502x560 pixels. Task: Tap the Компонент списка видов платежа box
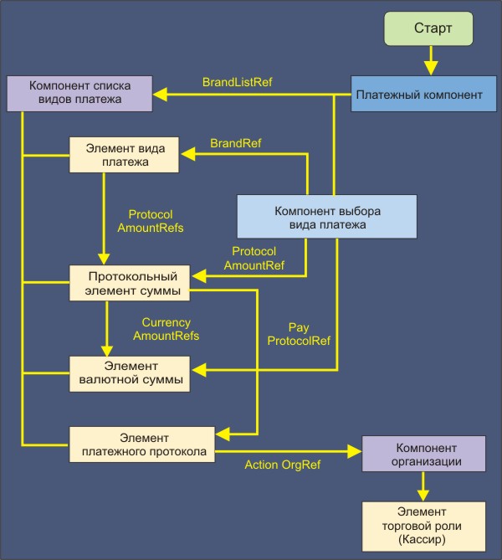pos(79,93)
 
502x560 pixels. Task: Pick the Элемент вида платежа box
pos(126,155)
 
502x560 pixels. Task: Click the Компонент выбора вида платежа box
pos(326,218)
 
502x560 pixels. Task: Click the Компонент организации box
pos(423,455)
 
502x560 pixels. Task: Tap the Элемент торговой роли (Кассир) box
pos(423,526)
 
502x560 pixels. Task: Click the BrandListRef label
pos(237,83)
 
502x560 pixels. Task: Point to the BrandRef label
pos(235,144)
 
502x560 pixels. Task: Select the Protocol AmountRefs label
pos(151,221)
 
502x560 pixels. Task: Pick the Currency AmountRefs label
pos(166,329)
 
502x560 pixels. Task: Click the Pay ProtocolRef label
pos(298,334)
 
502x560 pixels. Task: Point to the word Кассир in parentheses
pos(423,540)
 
